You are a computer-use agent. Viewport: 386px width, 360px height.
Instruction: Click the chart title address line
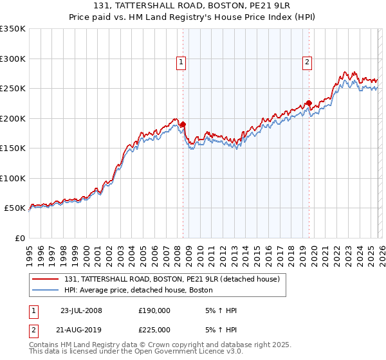click(193, 6)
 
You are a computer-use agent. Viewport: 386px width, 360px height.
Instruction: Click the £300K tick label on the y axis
click(13, 59)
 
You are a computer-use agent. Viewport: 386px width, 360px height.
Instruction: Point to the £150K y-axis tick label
click(13, 148)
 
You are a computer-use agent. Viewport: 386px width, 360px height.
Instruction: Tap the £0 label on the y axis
click(19, 238)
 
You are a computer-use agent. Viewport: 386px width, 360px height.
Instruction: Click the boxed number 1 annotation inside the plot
click(181, 62)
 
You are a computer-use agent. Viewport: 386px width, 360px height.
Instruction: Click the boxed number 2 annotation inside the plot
click(307, 62)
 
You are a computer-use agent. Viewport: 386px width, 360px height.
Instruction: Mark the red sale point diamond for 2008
click(183, 125)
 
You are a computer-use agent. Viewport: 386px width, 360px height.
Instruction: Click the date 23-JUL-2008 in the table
click(81, 310)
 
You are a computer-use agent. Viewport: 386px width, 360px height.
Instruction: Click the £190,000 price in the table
click(154, 310)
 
